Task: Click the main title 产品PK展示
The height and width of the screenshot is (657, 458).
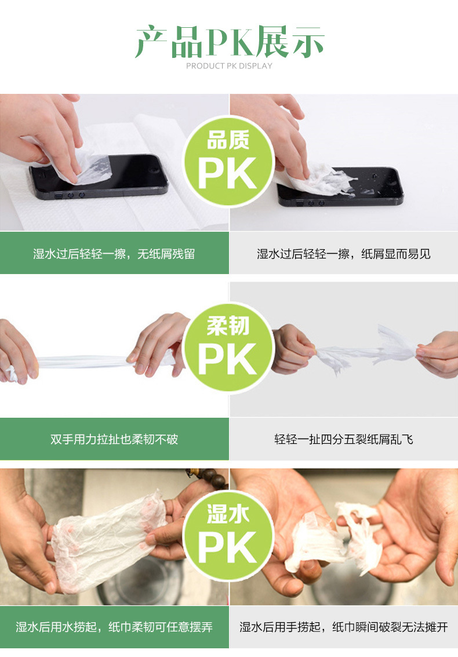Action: pyautogui.click(x=230, y=42)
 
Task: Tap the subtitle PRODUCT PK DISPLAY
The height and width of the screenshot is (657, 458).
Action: pyautogui.click(x=229, y=66)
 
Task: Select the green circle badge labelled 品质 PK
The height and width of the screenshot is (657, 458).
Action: pyautogui.click(x=228, y=161)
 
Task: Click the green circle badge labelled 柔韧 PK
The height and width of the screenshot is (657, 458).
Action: pyautogui.click(x=228, y=348)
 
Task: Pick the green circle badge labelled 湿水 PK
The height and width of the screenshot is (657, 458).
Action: pyautogui.click(x=228, y=535)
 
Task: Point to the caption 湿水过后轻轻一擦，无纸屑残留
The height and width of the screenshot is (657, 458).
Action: pyautogui.click(x=114, y=254)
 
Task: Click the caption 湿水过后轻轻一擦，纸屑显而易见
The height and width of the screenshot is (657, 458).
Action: pyautogui.click(x=343, y=254)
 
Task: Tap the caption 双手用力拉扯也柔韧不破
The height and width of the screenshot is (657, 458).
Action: pyautogui.click(x=114, y=439)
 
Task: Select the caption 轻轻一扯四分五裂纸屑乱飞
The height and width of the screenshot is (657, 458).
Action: pyautogui.click(x=343, y=439)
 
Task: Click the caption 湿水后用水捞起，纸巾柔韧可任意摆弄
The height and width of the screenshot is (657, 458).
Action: pyautogui.click(x=114, y=627)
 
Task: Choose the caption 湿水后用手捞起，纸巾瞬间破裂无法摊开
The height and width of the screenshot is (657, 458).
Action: pyautogui.click(x=343, y=627)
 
